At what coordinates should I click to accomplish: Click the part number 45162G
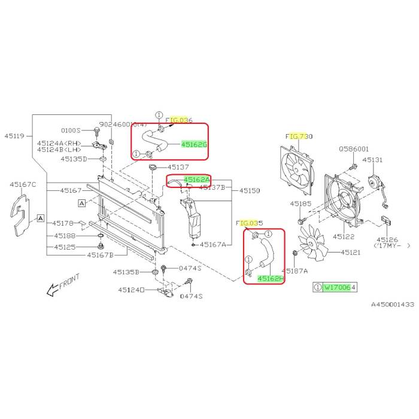(x=194, y=144)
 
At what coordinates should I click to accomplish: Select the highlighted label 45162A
(x=197, y=180)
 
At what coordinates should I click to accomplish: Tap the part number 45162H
(x=271, y=278)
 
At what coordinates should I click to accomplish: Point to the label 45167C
(x=22, y=184)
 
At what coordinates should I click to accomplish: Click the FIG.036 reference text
(x=179, y=120)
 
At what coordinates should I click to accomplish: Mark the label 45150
(x=250, y=191)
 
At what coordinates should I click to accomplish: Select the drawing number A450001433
(x=391, y=305)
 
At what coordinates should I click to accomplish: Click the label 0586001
(x=354, y=148)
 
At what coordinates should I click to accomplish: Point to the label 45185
(x=301, y=204)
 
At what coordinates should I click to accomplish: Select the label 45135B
(x=126, y=272)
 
